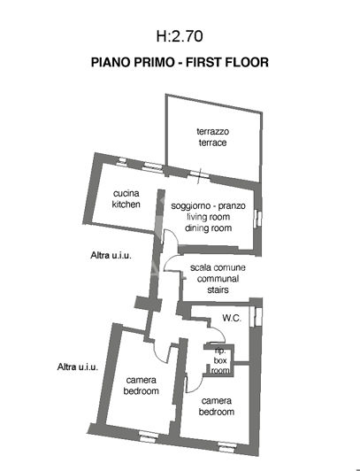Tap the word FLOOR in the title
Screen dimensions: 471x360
pos(248,64)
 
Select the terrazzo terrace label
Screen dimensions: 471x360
pos(212,137)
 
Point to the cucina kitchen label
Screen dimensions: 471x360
pos(126,199)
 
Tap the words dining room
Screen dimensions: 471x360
pos(209,228)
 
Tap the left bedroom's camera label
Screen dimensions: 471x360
pos(142,385)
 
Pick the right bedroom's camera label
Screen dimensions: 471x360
pos(217,406)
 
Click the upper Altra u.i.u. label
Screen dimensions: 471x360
pos(111,256)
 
